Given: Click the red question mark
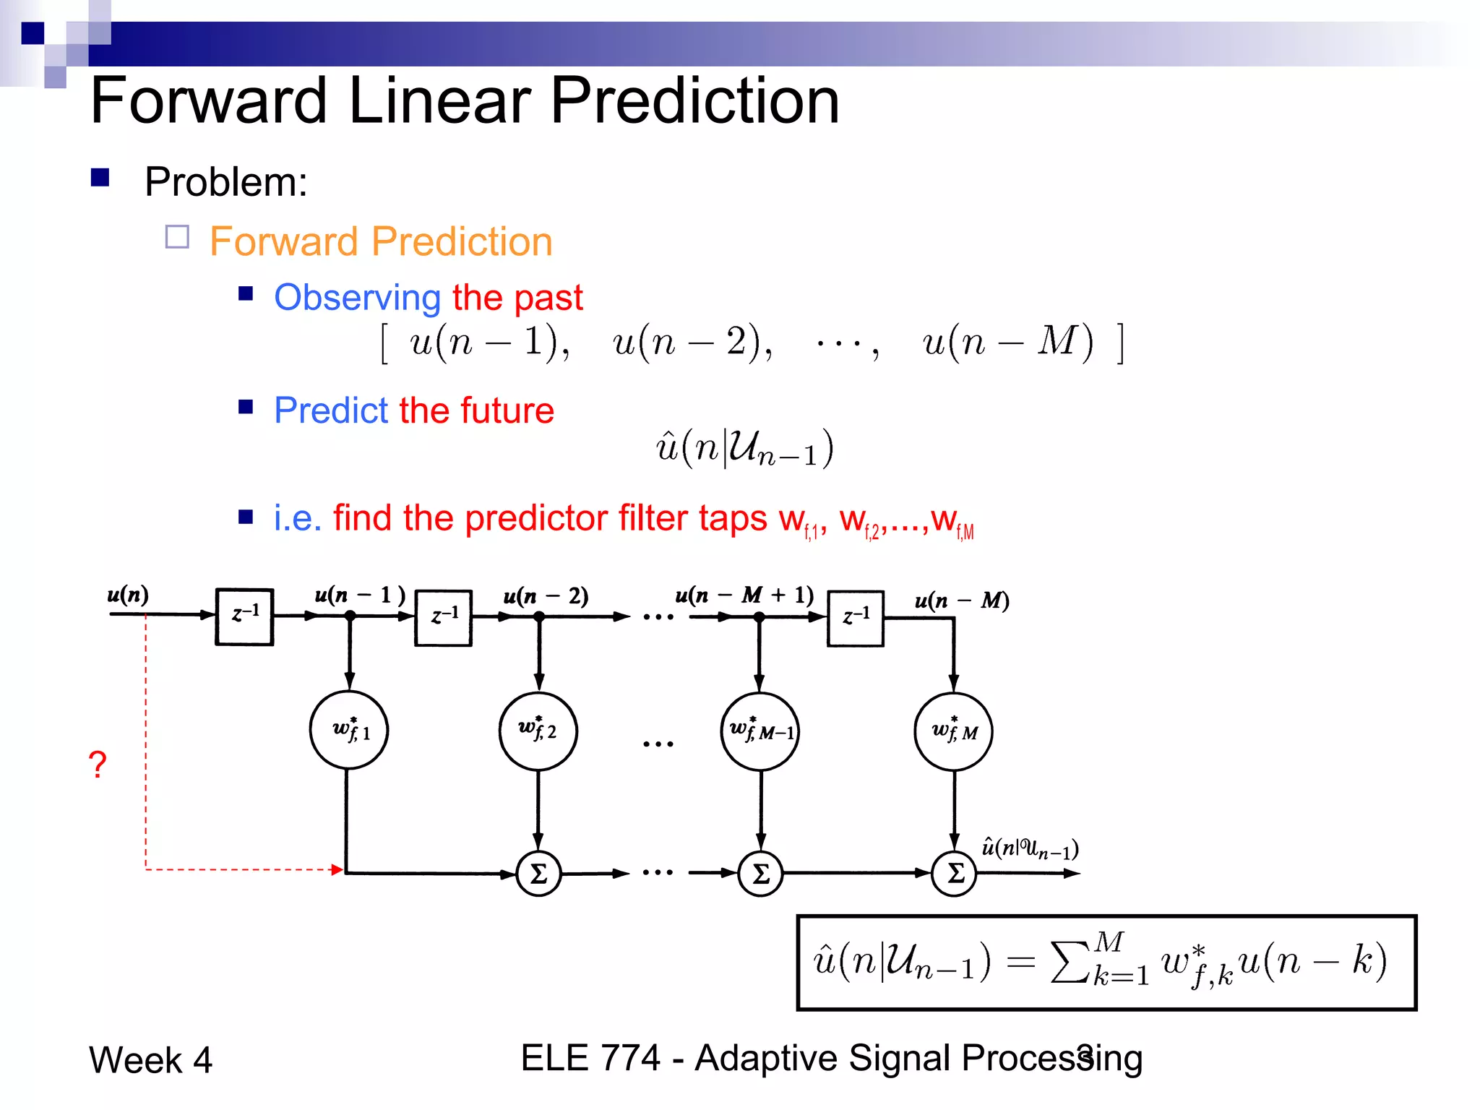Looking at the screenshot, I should coord(98,764).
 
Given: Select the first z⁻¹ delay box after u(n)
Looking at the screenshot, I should coord(244,616).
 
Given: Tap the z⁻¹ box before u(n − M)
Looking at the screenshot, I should coord(855,618).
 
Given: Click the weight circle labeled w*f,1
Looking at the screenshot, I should coord(349,730).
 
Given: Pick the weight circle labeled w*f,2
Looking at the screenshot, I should coord(538,731).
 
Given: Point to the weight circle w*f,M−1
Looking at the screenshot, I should coord(760,731).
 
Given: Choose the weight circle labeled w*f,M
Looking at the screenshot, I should coord(953,731).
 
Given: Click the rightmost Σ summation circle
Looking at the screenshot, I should coord(954,874).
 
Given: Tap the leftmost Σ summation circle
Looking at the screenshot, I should coord(538,874).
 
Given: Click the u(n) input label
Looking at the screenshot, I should coord(128,594).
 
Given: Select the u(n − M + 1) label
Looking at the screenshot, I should coord(744,595).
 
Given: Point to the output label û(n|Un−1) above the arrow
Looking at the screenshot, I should coord(1030,848).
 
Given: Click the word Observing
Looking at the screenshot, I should coord(358,298).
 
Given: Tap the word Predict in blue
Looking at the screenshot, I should coord(332,410).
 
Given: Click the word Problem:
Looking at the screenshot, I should coord(225,181).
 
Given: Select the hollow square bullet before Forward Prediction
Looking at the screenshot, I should coord(177,237).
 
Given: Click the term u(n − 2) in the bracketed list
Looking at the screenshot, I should coord(692,342).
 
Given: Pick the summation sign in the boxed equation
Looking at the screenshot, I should coord(1070,962).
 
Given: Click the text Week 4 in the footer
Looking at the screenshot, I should coord(150,1060).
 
